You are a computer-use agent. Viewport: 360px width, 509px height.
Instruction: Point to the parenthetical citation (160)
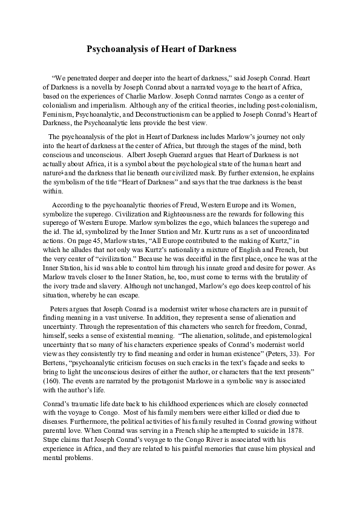click(52, 381)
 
